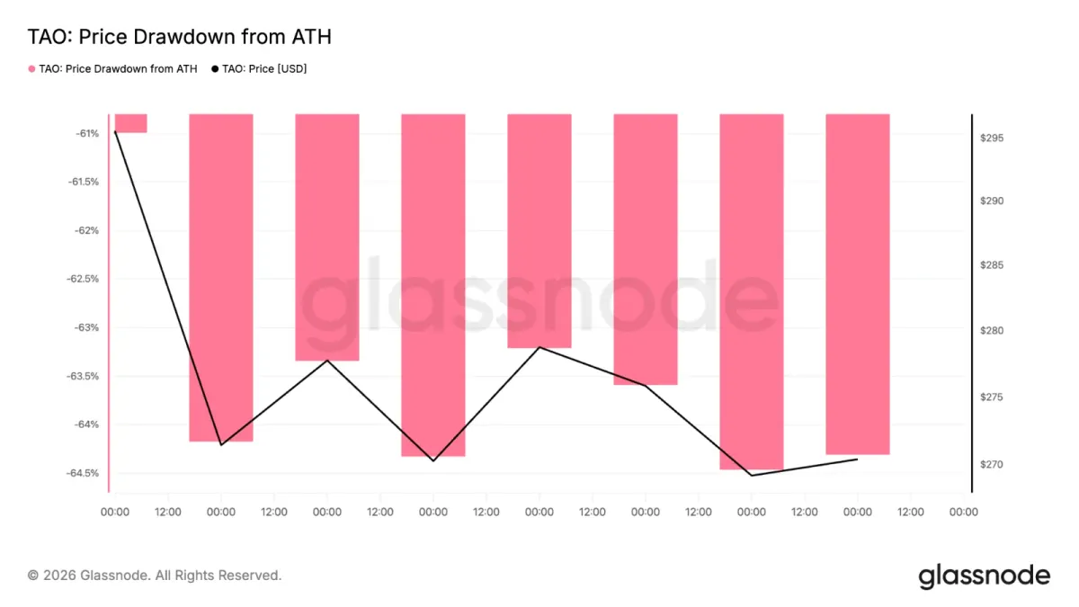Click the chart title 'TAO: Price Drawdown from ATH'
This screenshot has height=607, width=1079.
tap(179, 37)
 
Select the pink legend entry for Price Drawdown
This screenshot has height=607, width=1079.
tap(112, 69)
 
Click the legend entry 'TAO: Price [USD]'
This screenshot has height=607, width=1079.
tap(259, 69)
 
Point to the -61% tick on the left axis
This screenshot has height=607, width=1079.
tap(87, 133)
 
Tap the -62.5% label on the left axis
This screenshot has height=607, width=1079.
tap(83, 279)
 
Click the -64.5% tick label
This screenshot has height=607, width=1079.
tap(83, 473)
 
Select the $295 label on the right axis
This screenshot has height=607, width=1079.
tap(992, 138)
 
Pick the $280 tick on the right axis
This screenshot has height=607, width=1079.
tap(992, 331)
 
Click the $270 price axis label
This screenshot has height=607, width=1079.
tap(992, 464)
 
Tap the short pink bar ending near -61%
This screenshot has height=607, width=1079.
tap(131, 123)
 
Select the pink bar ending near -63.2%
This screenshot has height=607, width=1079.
tap(539, 231)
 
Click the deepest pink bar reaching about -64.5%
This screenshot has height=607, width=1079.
tap(752, 291)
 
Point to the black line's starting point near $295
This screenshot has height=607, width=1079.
tap(115, 131)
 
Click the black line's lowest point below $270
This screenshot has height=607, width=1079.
tap(752, 476)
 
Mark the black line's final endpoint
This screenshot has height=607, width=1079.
tap(858, 460)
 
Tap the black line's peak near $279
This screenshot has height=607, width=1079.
tap(539, 347)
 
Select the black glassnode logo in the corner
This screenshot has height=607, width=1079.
tap(984, 576)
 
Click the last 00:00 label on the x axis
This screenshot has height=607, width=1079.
tap(963, 512)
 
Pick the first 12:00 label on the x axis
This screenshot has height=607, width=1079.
tap(168, 512)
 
